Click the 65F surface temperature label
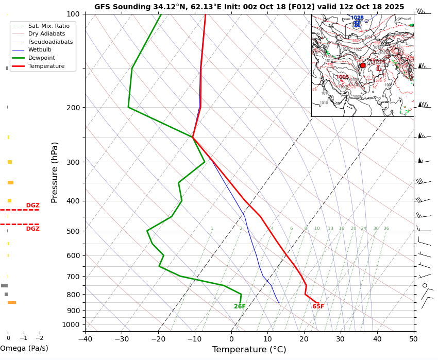[x=318, y=307]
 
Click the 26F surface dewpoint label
[x=240, y=307]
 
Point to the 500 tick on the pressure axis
[x=73, y=231]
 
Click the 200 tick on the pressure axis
[x=73, y=108]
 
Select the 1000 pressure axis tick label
[x=71, y=324]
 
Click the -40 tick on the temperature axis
[x=85, y=338]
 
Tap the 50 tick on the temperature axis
[x=414, y=338]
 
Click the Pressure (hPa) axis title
[x=55, y=172]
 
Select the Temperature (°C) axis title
[x=249, y=350]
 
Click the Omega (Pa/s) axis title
[x=24, y=349]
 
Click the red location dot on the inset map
[x=363, y=65]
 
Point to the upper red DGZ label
[x=32, y=205]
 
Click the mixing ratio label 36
[x=386, y=229]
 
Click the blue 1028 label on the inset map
[x=357, y=18]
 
